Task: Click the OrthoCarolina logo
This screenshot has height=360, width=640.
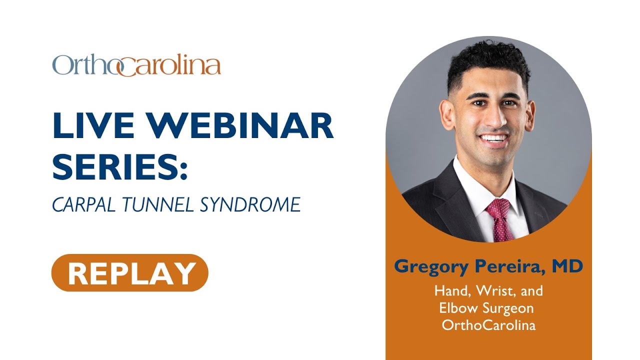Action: pyautogui.click(x=136, y=66)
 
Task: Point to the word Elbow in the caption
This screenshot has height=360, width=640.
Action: pyautogui.click(x=458, y=307)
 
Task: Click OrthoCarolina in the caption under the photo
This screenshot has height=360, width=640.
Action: pyautogui.click(x=488, y=325)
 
